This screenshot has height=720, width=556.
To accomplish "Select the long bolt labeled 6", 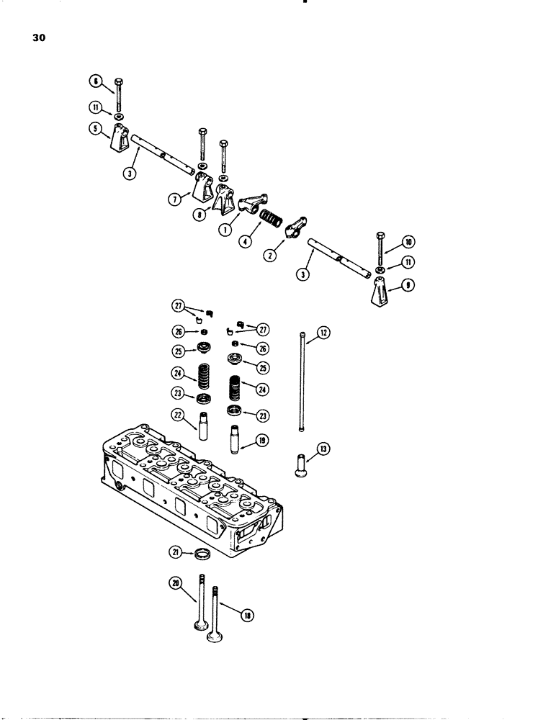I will [119, 94].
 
